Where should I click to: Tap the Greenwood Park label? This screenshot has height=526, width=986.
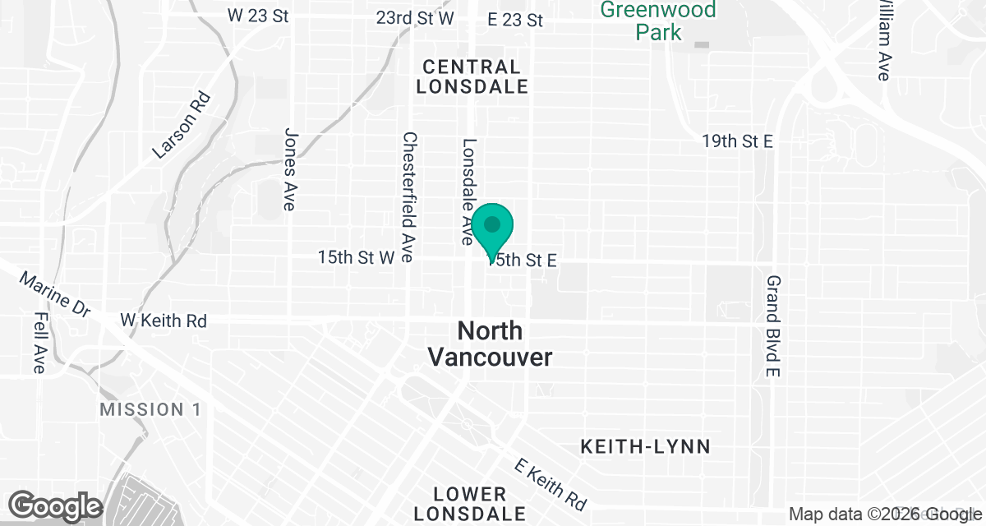(658, 21)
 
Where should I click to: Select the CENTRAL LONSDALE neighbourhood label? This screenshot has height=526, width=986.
(472, 76)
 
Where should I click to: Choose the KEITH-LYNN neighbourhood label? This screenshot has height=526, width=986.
(645, 447)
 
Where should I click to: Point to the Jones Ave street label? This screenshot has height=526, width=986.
(289, 168)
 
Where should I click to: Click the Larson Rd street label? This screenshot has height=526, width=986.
(182, 125)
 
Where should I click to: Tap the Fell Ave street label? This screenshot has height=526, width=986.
(39, 343)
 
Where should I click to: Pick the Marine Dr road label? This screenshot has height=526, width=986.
(56, 295)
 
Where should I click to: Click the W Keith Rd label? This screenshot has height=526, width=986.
(164, 320)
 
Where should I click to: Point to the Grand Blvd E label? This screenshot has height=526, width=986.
(772, 326)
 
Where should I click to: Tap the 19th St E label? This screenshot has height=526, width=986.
(737, 141)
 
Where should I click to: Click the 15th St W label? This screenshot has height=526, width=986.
(357, 257)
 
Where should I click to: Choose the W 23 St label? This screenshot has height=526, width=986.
(258, 16)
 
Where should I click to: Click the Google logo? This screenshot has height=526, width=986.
(56, 505)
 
